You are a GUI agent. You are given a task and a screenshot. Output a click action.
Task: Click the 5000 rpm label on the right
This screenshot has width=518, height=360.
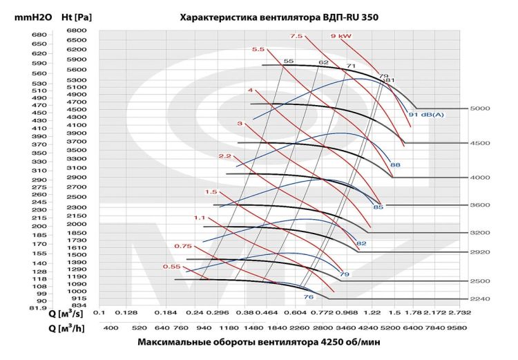(479, 108)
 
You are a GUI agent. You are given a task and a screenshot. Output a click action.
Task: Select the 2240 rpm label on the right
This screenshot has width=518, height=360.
(479, 299)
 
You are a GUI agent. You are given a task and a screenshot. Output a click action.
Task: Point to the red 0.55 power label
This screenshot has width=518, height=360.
(172, 267)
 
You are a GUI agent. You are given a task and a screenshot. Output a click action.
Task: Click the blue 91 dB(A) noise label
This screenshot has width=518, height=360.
(426, 114)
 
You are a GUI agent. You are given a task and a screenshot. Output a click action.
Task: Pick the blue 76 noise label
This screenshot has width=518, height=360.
(308, 296)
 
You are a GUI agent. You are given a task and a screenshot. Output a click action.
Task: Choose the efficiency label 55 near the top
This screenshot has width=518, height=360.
(288, 61)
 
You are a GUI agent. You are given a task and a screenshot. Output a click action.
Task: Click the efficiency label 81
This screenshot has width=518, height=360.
(389, 81)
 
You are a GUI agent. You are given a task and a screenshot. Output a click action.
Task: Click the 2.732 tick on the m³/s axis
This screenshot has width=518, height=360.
(460, 312)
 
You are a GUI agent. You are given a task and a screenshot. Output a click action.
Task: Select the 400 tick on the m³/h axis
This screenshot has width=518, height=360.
(110, 327)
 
